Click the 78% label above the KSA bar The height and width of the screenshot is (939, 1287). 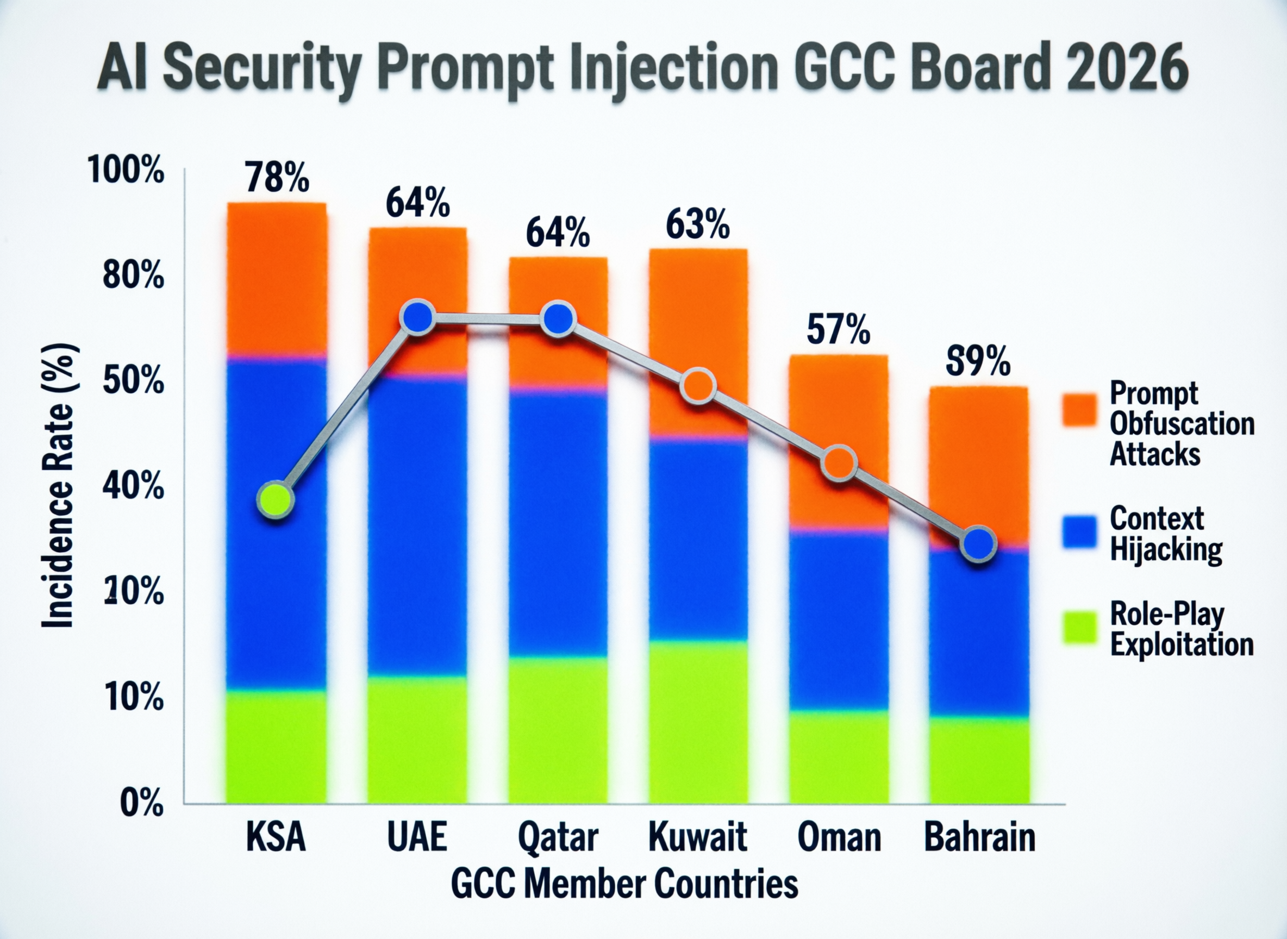click(x=277, y=177)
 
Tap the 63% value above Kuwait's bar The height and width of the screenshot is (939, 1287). click(x=697, y=225)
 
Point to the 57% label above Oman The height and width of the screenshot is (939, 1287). click(x=838, y=329)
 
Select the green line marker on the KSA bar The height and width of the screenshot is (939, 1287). click(x=276, y=500)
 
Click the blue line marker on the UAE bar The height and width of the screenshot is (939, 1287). click(x=418, y=318)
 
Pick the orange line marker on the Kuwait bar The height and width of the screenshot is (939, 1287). click(x=698, y=386)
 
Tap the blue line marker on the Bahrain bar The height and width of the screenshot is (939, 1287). click(x=978, y=544)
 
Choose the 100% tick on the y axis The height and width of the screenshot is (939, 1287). click(x=126, y=170)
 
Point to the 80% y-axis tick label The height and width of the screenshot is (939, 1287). click(x=133, y=277)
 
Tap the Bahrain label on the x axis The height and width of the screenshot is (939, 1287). click(x=979, y=837)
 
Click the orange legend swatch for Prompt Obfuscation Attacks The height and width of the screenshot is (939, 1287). click(x=1079, y=410)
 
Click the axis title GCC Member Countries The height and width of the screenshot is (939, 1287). click(x=624, y=885)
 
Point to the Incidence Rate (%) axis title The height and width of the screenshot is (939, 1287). click(x=59, y=485)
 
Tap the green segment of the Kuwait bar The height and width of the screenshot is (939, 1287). click(x=698, y=722)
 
